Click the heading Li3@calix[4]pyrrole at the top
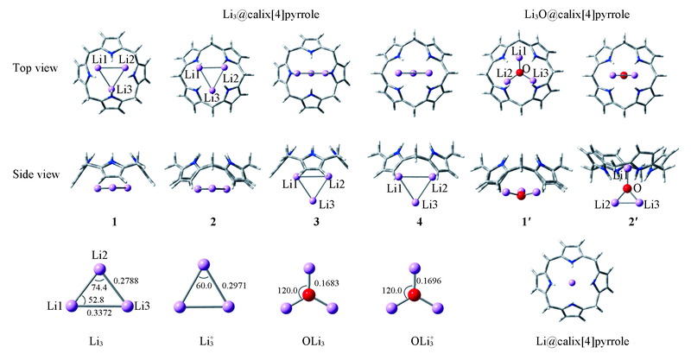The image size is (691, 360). pos(264,15)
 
